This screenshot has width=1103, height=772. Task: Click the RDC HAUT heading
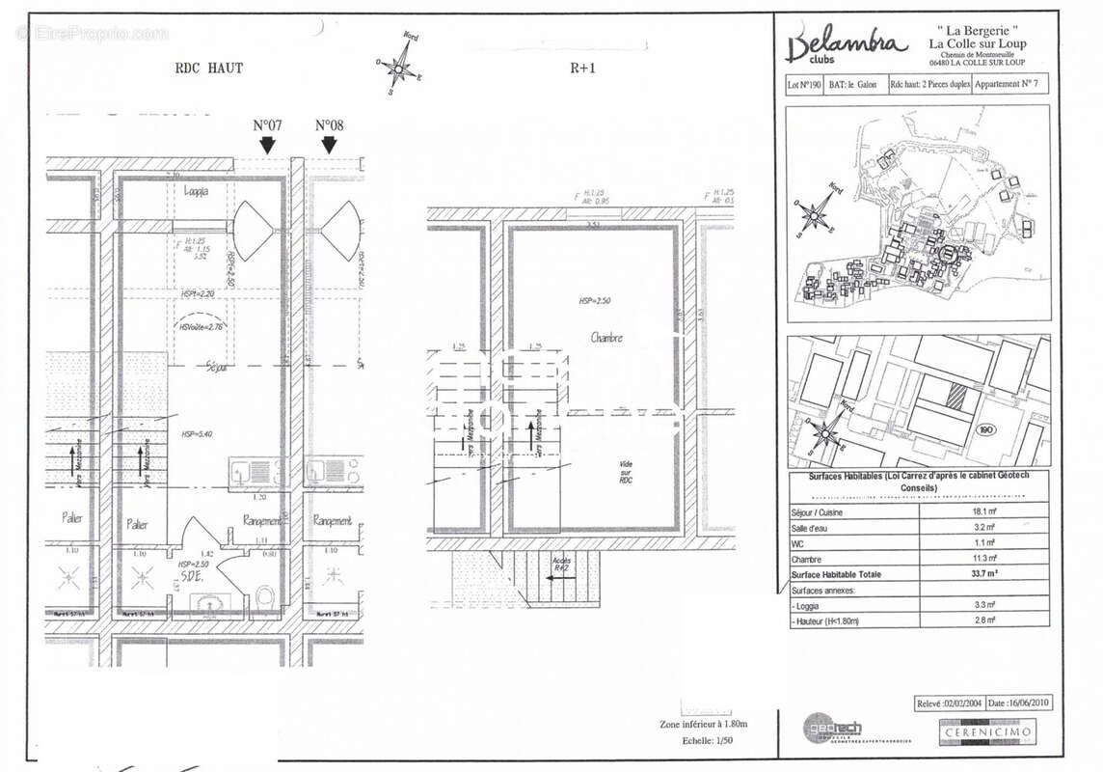pyautogui.click(x=208, y=68)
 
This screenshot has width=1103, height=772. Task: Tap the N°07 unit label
pyautogui.click(x=267, y=125)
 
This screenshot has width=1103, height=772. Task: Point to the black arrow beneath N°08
pyautogui.click(x=329, y=145)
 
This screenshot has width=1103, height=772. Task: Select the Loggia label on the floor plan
pyautogui.click(x=196, y=191)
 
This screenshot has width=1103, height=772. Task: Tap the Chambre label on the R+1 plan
pyautogui.click(x=606, y=338)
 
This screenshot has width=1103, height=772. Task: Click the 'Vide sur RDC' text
pyautogui.click(x=627, y=472)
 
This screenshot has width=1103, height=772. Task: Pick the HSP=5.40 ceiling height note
pyautogui.click(x=196, y=434)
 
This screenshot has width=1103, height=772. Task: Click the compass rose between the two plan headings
pyautogui.click(x=396, y=68)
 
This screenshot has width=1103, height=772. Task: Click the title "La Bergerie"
pyautogui.click(x=976, y=30)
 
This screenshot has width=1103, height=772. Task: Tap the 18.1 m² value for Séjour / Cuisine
pyautogui.click(x=983, y=511)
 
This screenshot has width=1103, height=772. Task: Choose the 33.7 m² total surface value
pyautogui.click(x=983, y=574)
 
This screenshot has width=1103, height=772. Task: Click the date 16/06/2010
pyautogui.click(x=1018, y=703)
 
